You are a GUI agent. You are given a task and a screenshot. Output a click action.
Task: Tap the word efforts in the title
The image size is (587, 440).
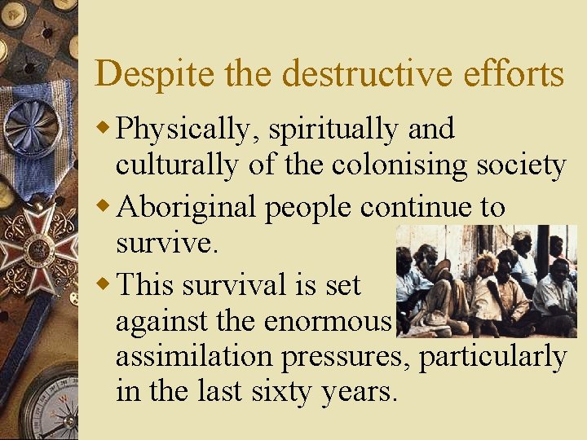coord(513,74)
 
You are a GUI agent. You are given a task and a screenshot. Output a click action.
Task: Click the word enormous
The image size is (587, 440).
coord(329,321)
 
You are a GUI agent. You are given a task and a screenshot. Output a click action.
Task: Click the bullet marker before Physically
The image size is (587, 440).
coord(104,129)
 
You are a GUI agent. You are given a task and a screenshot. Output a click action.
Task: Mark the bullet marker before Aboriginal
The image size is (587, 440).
coord(104,206)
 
